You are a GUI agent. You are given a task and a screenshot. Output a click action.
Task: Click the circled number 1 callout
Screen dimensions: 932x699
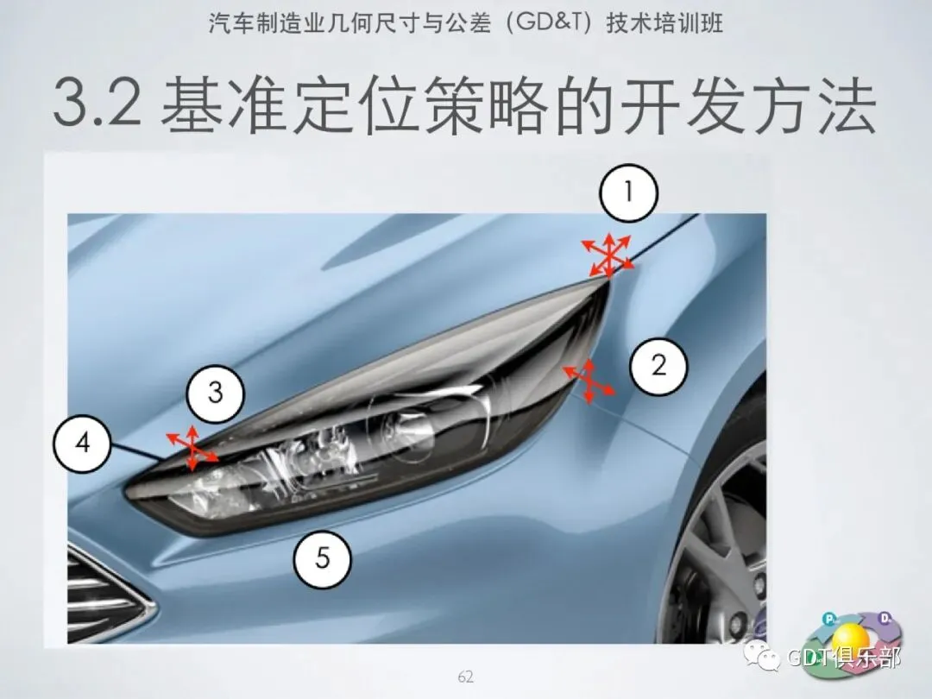click(628, 193)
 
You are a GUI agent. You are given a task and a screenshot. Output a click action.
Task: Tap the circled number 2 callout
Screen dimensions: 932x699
click(658, 365)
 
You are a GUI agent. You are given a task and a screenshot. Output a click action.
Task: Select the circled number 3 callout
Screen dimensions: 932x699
click(215, 393)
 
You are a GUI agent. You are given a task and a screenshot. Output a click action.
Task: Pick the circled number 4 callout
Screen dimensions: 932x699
click(82, 444)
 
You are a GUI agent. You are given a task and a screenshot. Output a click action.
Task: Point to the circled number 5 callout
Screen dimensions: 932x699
click(322, 558)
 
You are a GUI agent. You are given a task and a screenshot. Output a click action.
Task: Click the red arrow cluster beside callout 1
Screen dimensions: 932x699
click(608, 255)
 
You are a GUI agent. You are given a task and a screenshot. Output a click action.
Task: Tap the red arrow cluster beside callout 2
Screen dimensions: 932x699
click(589, 381)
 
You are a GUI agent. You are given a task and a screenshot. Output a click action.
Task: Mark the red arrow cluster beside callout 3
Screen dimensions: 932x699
click(192, 448)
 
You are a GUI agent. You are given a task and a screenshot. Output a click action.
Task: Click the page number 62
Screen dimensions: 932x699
click(465, 677)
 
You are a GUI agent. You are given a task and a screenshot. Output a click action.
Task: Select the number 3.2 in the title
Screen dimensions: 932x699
click(97, 104)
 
